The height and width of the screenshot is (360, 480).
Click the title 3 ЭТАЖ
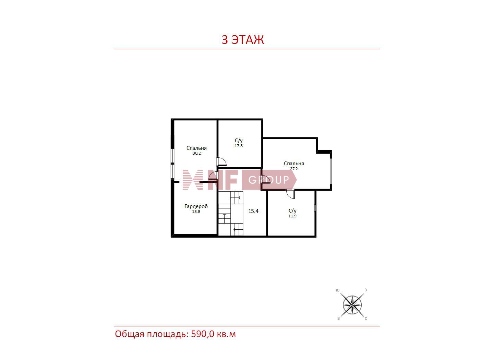pyautogui.click(x=242, y=39)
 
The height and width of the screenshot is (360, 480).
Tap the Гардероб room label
pyautogui.click(x=196, y=206)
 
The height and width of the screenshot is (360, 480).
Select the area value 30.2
pyautogui.click(x=196, y=153)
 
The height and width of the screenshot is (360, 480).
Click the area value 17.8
pyautogui.click(x=239, y=146)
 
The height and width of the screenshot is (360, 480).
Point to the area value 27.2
pyautogui.click(x=294, y=169)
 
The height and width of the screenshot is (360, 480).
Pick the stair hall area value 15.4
pyautogui.click(x=253, y=211)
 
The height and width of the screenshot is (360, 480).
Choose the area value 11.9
pyautogui.click(x=292, y=216)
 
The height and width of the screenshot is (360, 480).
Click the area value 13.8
pyautogui.click(x=196, y=212)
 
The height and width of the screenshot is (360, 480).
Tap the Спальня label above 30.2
pyautogui.click(x=196, y=148)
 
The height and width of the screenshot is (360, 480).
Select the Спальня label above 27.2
pyautogui.click(x=294, y=163)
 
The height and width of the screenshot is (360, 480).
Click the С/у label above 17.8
pyautogui.click(x=239, y=141)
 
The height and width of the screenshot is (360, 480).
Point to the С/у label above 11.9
pyautogui.click(x=292, y=211)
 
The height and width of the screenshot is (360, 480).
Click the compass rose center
pyautogui.click(x=352, y=305)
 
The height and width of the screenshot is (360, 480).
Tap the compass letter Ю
pyautogui.click(x=337, y=290)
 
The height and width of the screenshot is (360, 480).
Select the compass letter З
pyautogui.click(x=365, y=290)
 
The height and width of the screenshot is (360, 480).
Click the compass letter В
pyautogui.click(x=338, y=319)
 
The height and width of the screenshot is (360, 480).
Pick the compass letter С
pyautogui.click(x=366, y=319)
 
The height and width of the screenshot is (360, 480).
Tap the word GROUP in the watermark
pyautogui.click(x=268, y=180)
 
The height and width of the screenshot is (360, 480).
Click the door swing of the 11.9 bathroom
pyautogui.click(x=290, y=195)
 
